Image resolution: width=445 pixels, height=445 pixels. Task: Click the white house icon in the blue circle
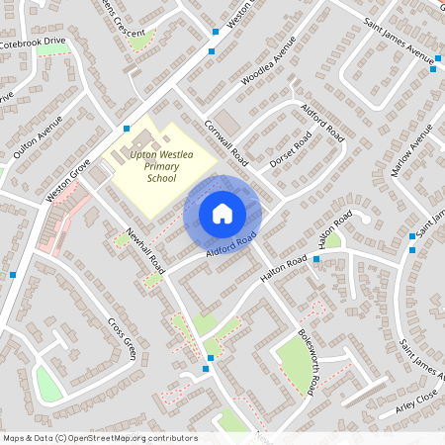(222, 213)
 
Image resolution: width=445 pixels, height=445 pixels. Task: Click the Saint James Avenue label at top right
(400, 39)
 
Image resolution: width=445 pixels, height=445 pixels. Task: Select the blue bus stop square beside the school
(127, 129)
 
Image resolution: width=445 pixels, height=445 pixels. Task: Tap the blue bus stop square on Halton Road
(316, 259)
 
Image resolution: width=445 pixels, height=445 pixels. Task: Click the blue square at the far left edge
(12, 275)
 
